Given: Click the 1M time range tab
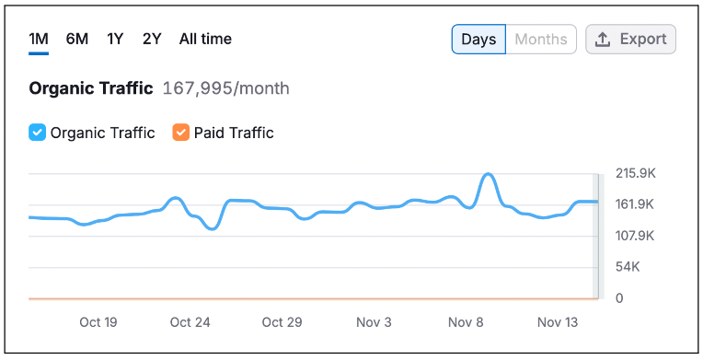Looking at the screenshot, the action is click(x=39, y=39).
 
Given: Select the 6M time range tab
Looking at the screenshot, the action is click(x=77, y=39).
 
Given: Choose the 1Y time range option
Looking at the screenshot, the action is click(x=115, y=39).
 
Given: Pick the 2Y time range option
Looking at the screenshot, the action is click(x=152, y=39).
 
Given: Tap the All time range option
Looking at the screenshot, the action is click(x=205, y=39).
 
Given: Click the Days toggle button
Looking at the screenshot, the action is click(x=478, y=39).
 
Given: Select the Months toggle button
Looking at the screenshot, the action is click(x=541, y=39).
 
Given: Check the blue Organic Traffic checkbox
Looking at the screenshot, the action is click(x=37, y=133).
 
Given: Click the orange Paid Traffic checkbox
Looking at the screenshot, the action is click(x=180, y=133).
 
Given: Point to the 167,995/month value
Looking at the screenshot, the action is click(x=226, y=88).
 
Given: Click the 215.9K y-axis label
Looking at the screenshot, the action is click(x=636, y=173).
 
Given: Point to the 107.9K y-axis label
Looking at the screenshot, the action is click(x=635, y=236).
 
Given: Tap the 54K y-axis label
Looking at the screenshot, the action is click(x=628, y=267).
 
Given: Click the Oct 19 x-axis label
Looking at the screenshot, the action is click(x=98, y=322).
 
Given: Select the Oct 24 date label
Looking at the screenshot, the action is click(x=190, y=322).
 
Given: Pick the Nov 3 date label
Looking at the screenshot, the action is click(x=374, y=322).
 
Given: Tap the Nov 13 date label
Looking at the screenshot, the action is click(x=558, y=322).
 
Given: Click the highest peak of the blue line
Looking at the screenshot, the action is click(x=489, y=174).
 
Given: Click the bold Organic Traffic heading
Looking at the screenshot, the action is click(x=91, y=88).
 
